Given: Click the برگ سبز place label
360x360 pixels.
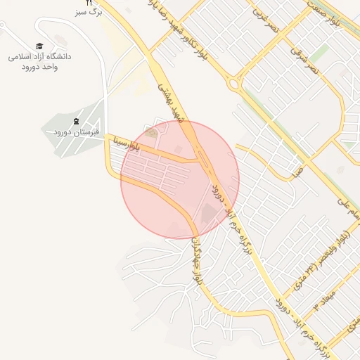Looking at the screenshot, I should pos(89,13).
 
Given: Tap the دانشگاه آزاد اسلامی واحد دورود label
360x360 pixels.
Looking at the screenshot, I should pos(39,60).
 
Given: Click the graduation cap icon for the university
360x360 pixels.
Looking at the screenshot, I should pos(39,46).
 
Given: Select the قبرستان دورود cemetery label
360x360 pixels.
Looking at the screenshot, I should pos(76,132).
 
